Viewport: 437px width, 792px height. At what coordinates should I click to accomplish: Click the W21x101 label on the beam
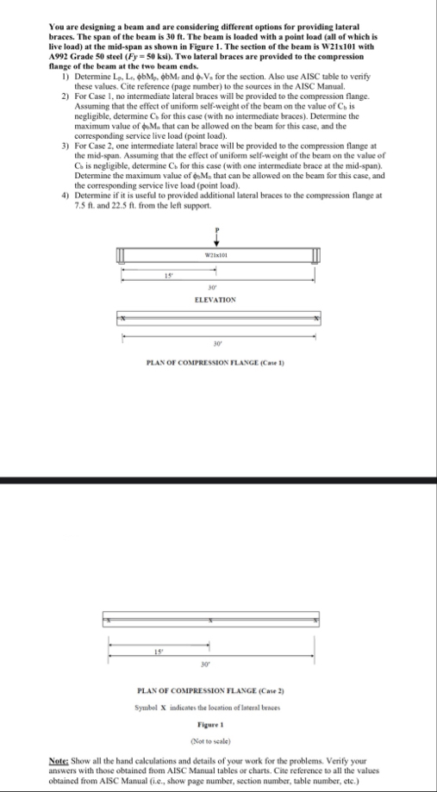click(x=219, y=256)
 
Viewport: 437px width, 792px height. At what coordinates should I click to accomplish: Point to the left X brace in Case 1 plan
click(x=123, y=319)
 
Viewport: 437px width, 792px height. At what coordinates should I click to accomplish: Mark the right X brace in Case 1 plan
click(x=316, y=319)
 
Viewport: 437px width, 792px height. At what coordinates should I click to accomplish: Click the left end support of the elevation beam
click(x=122, y=256)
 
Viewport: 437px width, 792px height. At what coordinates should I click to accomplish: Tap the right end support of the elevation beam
click(x=315, y=256)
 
